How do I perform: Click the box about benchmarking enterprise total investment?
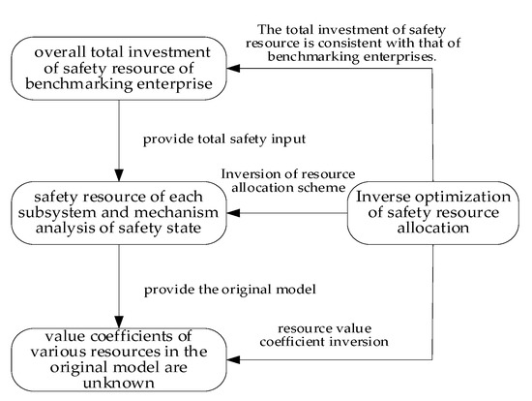coord(118,69)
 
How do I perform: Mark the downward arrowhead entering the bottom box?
coord(118,324)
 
